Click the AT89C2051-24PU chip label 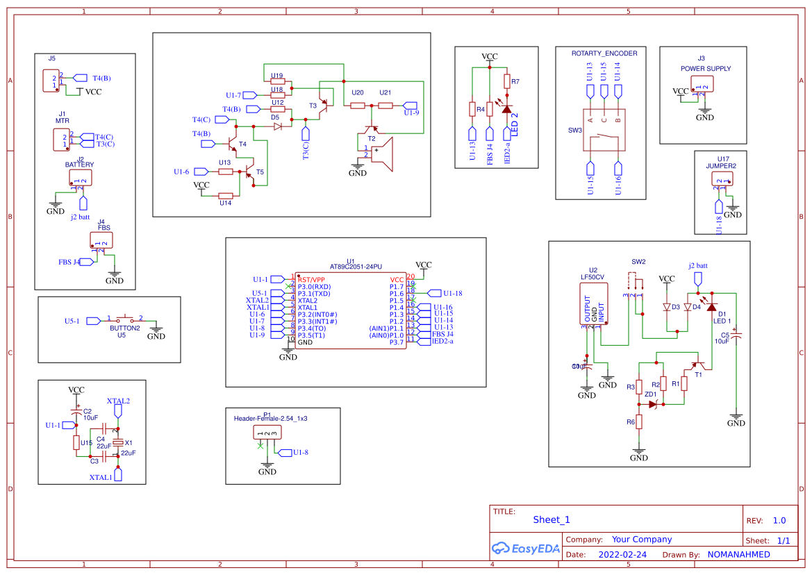click(x=356, y=267)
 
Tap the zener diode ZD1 click(x=653, y=404)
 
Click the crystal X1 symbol click(x=118, y=443)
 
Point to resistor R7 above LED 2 click(x=507, y=81)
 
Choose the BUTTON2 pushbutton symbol click(x=126, y=319)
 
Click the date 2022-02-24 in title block click(x=622, y=555)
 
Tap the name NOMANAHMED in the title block click(x=738, y=555)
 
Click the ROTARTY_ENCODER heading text click(x=604, y=53)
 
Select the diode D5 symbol click(x=277, y=127)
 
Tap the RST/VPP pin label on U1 click(x=311, y=279)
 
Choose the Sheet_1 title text click(x=552, y=519)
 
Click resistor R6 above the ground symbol click(x=639, y=422)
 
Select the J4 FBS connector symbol click(x=101, y=240)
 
